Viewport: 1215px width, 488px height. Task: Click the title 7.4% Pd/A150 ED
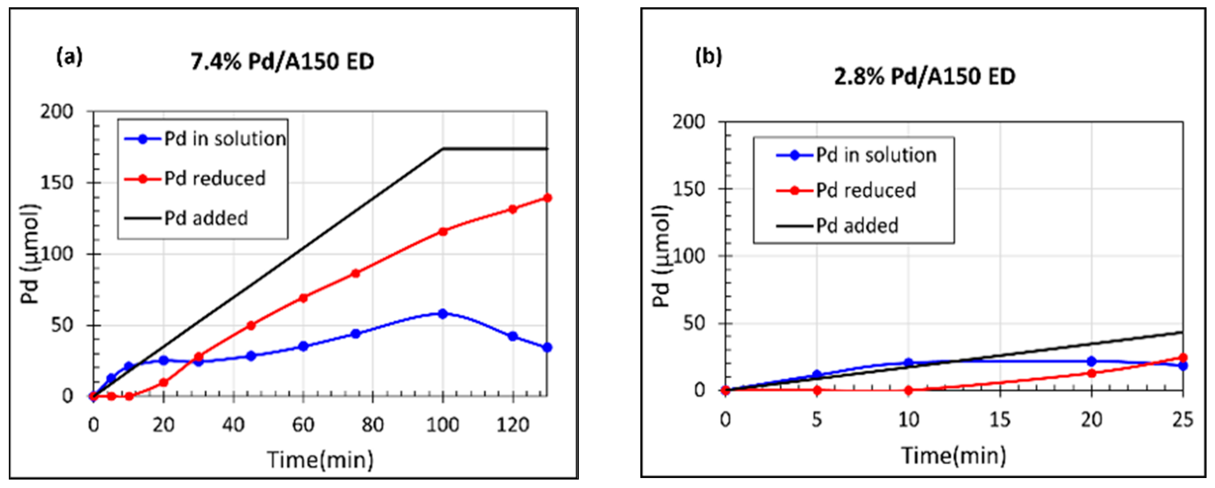click(282, 62)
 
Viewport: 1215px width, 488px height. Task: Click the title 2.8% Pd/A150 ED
click(925, 76)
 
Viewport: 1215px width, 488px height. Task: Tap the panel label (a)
click(69, 56)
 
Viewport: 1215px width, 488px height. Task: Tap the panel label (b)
click(708, 56)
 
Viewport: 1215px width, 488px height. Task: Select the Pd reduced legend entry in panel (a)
click(215, 179)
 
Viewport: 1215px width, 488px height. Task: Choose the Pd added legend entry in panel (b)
click(857, 226)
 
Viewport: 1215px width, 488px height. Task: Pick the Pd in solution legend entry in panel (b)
click(876, 155)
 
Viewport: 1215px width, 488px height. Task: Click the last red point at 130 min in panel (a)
click(547, 198)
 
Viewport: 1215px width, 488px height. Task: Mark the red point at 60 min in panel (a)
click(303, 298)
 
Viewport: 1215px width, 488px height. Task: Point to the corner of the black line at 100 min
click(443, 149)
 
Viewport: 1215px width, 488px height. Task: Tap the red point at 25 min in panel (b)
click(1182, 358)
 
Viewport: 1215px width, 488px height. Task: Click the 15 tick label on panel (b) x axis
click(1000, 420)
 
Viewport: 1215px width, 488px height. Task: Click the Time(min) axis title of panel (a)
click(320, 460)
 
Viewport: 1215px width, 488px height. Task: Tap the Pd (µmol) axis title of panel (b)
click(662, 257)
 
